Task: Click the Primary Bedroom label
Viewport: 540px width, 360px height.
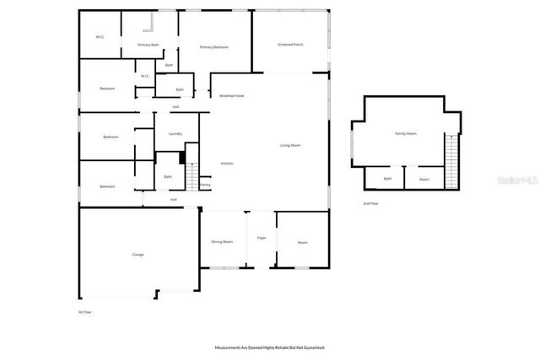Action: coord(214,47)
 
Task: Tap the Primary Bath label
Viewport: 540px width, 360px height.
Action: coord(148,45)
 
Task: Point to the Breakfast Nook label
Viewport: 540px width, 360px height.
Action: coord(232,96)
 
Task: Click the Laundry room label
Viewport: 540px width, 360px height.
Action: coord(175,134)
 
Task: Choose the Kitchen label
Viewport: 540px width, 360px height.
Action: coord(227,163)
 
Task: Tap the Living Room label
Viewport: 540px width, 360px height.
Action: coord(290,146)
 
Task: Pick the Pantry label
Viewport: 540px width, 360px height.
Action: coord(205,185)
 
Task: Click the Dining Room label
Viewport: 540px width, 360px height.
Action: coord(222,242)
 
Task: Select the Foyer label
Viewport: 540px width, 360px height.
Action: coord(262,239)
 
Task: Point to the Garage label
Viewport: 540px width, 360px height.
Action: coord(138,254)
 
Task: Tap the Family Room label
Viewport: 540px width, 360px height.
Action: coord(406,134)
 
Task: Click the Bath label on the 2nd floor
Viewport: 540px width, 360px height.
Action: coord(388,179)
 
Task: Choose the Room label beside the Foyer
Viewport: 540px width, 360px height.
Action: coord(302,243)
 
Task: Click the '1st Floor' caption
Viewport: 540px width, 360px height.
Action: coord(84,312)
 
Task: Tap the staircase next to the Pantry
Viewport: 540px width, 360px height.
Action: coord(191,176)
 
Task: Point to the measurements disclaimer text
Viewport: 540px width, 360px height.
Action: coord(269,347)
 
